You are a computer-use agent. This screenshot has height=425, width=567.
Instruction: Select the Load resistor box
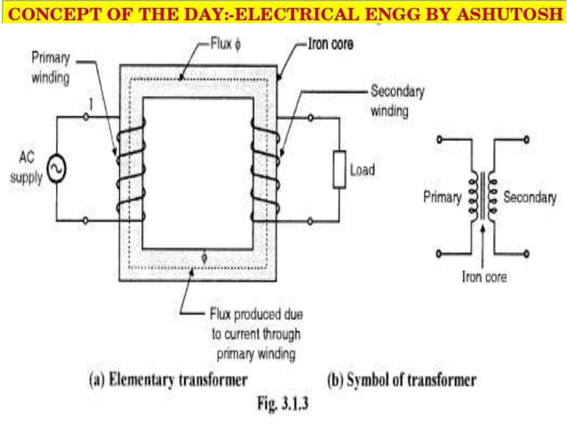(339, 169)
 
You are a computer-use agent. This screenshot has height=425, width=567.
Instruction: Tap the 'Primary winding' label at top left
(50, 68)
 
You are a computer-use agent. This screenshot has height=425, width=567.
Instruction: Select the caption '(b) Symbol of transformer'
(401, 380)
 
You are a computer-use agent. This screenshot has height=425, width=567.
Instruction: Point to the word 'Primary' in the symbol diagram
(443, 197)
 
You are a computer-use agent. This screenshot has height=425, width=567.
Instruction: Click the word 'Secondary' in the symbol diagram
(530, 197)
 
